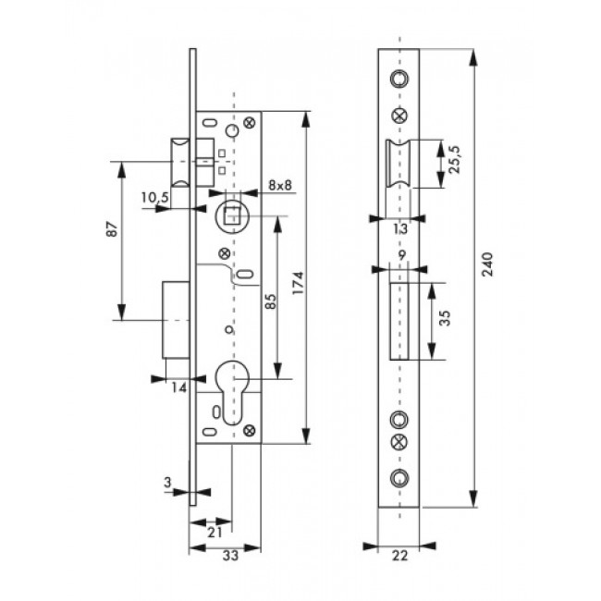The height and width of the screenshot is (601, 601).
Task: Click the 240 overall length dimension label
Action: coord(487,264)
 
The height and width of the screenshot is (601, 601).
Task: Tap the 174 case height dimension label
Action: coord(298,283)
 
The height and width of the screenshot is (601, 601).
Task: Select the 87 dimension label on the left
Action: coord(112,228)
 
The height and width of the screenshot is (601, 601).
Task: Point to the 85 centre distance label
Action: coord(270,301)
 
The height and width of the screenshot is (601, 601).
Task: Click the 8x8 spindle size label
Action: coord(280,185)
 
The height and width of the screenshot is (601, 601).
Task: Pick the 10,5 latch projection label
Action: coord(154,198)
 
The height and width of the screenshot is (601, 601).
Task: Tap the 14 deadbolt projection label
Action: coord(179,388)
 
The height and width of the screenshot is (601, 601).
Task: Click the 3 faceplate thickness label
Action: coord(167,482)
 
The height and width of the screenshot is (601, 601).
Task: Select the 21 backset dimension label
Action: coord(215,532)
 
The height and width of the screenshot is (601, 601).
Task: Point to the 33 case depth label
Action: coord(230,555)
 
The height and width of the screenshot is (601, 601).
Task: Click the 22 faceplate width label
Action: coord(399,555)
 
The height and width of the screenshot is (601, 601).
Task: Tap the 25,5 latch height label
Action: coord(456,160)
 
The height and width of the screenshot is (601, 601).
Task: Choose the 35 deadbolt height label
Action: coord(445,318)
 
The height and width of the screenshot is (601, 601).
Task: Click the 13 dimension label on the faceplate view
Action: coord(401,228)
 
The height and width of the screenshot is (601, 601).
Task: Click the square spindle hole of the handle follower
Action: coord(231,215)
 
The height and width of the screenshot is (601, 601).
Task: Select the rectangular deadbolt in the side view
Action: coord(176,320)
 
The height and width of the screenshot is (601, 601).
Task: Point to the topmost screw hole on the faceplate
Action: coord(399,79)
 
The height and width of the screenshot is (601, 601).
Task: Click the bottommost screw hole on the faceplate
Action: coord(399,478)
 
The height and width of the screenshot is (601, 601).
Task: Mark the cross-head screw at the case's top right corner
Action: coord(250,122)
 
